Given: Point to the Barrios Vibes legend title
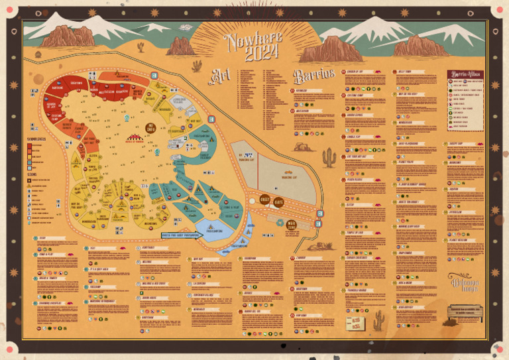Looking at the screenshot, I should (x=464, y=73).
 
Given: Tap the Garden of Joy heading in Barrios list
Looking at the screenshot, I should (x=355, y=71).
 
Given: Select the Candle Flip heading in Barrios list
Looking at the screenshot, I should (x=353, y=137).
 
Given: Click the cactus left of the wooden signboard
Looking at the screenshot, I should (x=378, y=320).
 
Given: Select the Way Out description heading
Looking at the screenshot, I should (x=198, y=259).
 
